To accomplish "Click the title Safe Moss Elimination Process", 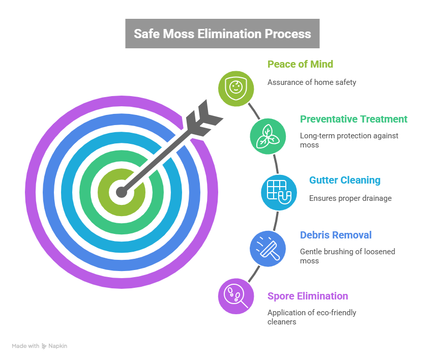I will [222, 34].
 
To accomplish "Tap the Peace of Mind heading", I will [300, 64].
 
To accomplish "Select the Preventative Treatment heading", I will [353, 119].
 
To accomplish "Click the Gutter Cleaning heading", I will [344, 180].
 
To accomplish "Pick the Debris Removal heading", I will [336, 235].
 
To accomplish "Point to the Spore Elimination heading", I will [308, 296].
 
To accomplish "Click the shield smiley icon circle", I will [236, 88].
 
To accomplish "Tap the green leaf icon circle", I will [268, 136].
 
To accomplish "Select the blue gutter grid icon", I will [279, 192].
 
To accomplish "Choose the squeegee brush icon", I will [268, 249].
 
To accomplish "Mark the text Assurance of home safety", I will [312, 82].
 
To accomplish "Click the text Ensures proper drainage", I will [350, 198].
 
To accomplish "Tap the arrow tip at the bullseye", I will [121, 192].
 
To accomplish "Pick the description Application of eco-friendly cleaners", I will [312, 317].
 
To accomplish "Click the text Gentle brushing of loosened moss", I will [347, 256].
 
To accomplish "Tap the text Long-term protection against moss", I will [349, 140].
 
